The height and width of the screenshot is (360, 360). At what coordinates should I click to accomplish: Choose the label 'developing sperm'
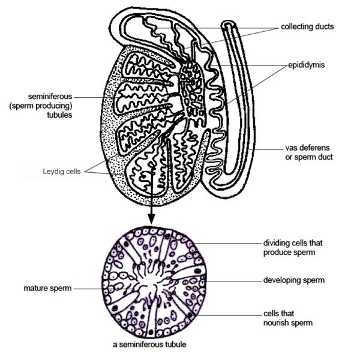point(294,280)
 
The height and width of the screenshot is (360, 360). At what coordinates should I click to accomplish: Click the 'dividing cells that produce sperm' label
point(294,248)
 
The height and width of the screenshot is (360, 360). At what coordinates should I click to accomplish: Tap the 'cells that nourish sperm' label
point(287,319)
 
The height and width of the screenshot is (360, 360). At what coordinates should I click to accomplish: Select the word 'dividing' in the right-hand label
point(278,244)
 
